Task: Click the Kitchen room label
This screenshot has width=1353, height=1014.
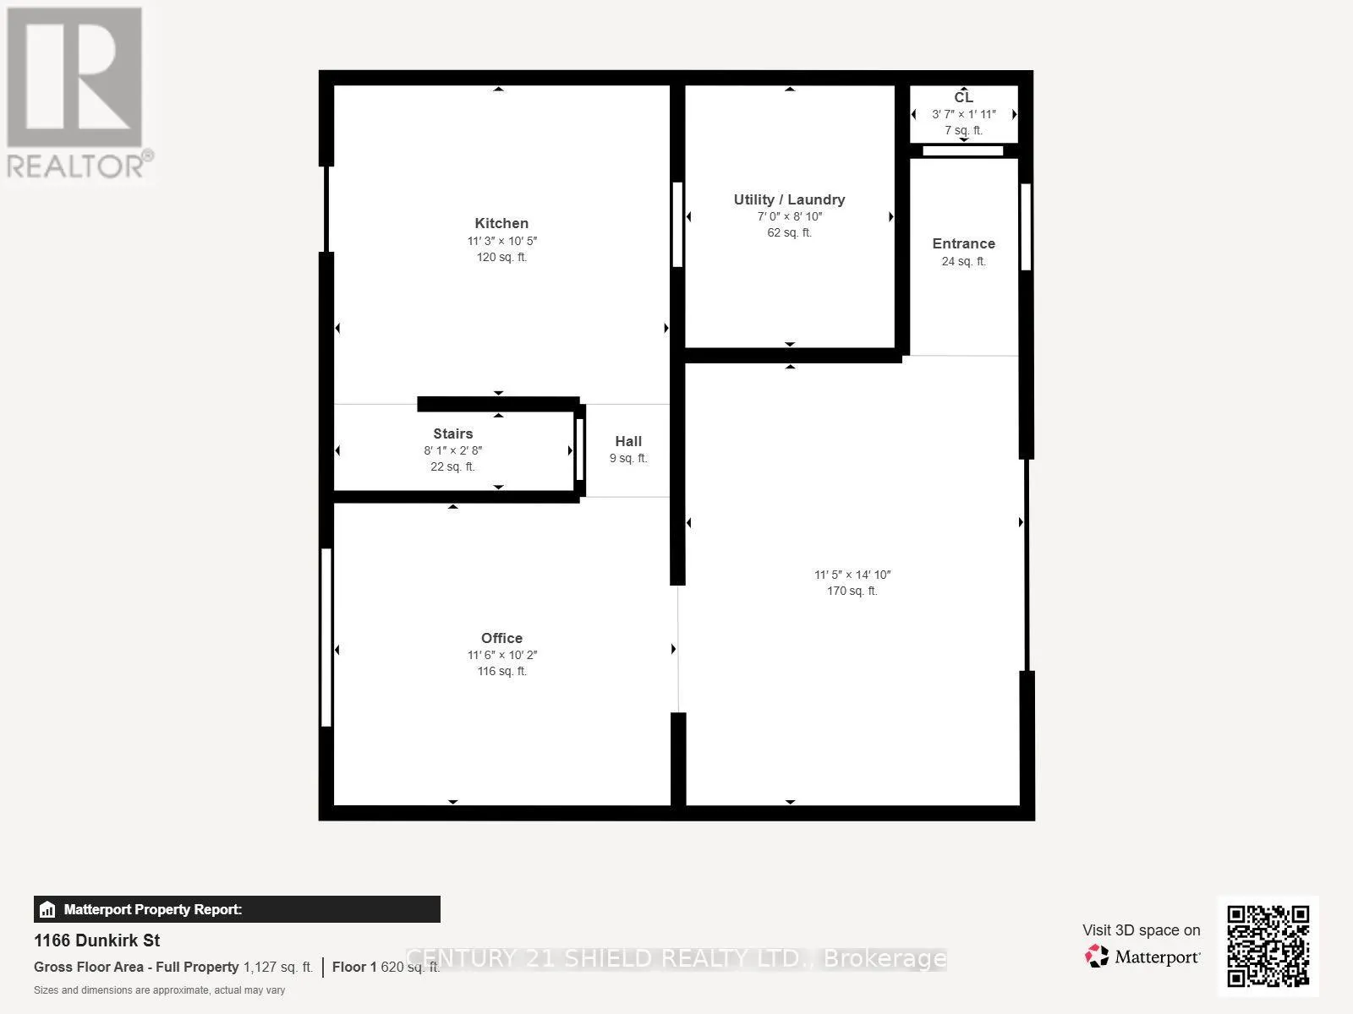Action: point(501,223)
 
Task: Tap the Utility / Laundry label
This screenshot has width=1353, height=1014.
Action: point(789,199)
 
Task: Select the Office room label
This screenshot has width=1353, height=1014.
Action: point(501,638)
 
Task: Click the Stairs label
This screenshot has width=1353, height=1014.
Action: point(452,433)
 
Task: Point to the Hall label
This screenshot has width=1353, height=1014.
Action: point(628,441)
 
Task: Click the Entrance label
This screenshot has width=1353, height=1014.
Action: point(963,243)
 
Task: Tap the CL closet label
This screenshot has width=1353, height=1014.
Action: point(963,97)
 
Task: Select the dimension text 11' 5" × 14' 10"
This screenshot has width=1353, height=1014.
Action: point(852,575)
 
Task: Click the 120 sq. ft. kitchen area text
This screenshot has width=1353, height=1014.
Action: point(501,257)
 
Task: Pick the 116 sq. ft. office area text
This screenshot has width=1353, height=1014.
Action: point(501,671)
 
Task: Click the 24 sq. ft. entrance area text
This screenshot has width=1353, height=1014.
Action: point(963,261)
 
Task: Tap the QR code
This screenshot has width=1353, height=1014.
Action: point(1268,946)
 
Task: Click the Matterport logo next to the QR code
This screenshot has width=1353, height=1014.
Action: point(1142,957)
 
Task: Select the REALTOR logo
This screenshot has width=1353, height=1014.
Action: point(78,93)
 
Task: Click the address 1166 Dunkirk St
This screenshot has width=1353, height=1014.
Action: point(96,940)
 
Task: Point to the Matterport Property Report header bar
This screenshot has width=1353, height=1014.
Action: point(237,909)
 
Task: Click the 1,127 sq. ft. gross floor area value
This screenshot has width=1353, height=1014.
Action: point(278,967)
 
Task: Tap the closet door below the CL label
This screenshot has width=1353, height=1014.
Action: point(962,151)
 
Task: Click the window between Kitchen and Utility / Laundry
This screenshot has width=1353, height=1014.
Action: point(677,225)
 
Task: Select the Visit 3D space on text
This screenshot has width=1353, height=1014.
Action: point(1141,929)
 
